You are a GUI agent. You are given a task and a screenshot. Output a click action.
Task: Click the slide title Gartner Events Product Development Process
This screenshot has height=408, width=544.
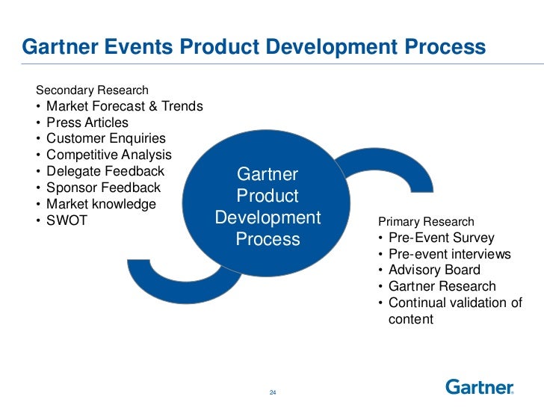(x=254, y=48)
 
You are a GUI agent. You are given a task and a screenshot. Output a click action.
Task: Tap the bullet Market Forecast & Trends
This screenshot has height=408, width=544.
(x=124, y=106)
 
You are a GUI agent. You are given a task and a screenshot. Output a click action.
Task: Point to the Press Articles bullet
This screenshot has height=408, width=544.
(x=87, y=123)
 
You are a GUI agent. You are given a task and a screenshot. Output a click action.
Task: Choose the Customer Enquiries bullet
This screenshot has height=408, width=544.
(x=105, y=139)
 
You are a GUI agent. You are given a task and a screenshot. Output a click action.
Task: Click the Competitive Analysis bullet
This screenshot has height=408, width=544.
(x=108, y=155)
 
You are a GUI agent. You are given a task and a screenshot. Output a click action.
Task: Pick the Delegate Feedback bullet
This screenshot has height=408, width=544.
(x=105, y=171)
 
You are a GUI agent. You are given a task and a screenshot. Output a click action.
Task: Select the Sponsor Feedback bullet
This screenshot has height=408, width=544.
(x=103, y=188)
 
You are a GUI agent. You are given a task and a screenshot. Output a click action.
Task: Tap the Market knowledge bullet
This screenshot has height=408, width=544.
(x=101, y=204)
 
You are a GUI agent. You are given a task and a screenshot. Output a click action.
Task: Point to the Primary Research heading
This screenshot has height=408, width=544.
(x=426, y=222)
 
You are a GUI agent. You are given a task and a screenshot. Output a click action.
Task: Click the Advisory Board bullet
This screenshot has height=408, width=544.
(x=434, y=271)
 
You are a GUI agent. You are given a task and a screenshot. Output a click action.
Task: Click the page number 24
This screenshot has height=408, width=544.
(x=272, y=393)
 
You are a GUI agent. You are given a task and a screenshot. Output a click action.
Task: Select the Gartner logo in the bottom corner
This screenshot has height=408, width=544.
(x=480, y=387)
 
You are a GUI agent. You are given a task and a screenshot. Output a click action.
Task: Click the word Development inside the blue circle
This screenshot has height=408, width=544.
(x=268, y=218)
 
